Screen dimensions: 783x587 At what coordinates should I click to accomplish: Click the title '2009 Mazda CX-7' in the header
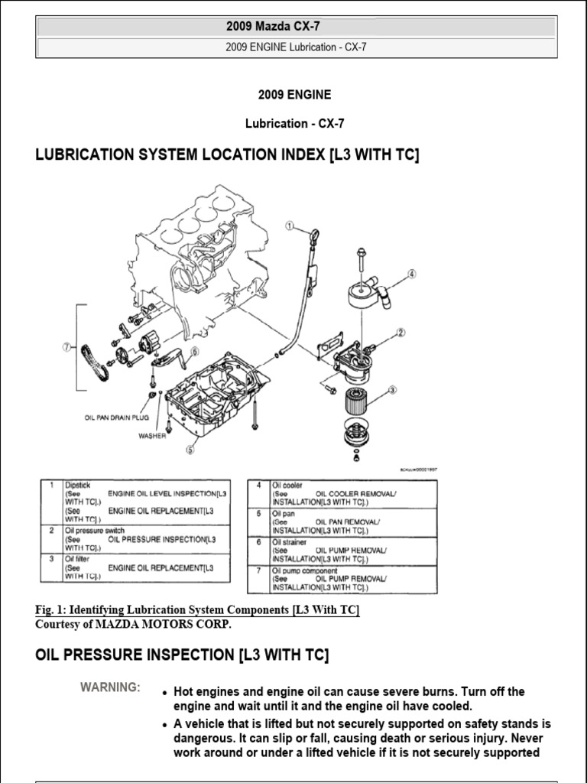[294, 27]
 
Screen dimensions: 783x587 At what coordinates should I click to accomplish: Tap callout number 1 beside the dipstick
[290, 226]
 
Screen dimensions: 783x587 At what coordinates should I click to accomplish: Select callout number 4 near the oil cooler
[412, 274]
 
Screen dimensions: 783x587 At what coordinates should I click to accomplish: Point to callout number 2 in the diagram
[400, 333]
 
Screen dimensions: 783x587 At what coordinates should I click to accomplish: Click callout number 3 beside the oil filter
[393, 390]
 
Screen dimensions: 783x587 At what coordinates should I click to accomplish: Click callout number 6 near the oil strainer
[194, 351]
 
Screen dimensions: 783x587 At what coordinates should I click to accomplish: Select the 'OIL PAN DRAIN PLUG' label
[116, 417]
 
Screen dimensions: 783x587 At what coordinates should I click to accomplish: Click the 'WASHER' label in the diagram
[152, 437]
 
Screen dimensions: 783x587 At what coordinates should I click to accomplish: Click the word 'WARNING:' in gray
[110, 687]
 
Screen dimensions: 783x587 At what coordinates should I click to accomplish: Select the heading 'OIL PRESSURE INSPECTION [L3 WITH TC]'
[183, 655]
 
